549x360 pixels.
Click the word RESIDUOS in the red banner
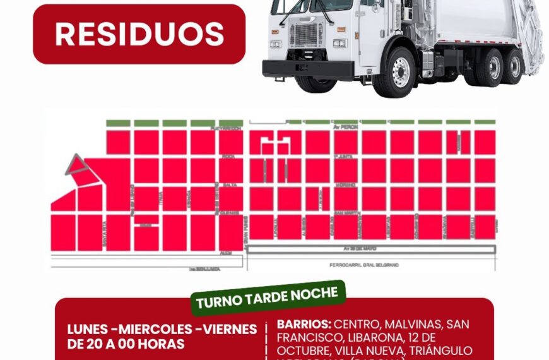click(139, 34)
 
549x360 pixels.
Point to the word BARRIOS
click(304, 325)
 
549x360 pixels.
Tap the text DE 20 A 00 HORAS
click(126, 344)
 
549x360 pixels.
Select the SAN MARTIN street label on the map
click(348, 213)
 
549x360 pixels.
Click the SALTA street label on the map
click(229, 184)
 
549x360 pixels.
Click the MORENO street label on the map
click(346, 184)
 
